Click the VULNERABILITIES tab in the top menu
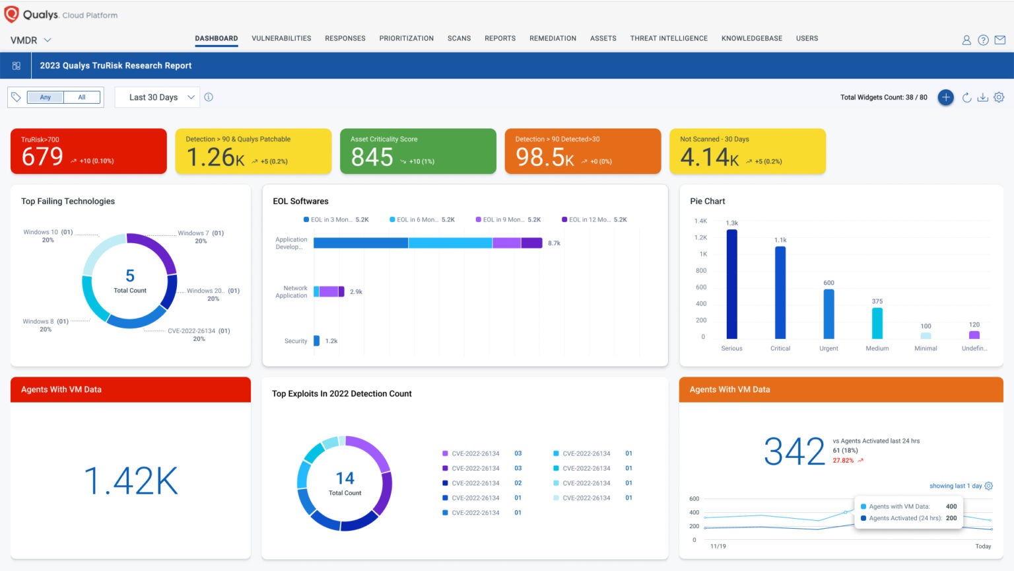click(281, 38)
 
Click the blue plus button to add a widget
click(945, 97)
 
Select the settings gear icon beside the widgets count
click(999, 97)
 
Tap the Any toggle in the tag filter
click(46, 97)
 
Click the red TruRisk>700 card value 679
click(42, 157)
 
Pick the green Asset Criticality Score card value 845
click(372, 157)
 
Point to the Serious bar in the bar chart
click(731, 284)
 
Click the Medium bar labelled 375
click(877, 323)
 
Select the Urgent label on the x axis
click(828, 348)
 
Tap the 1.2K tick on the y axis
click(700, 237)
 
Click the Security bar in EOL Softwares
click(317, 341)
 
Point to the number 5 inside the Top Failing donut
click(130, 276)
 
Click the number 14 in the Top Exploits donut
click(345, 478)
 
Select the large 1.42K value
click(131, 480)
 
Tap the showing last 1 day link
click(955, 486)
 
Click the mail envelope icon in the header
click(1000, 40)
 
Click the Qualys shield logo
click(11, 15)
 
